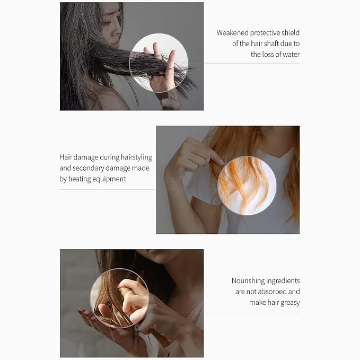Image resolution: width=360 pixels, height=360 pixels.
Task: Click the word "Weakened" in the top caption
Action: click(232, 32)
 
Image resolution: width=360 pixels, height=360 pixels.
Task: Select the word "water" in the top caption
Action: click(291, 55)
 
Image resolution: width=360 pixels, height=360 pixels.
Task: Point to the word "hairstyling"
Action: click(136, 157)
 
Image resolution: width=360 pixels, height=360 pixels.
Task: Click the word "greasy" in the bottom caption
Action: click(290, 303)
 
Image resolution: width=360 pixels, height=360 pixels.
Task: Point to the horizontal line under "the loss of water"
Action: click(252, 63)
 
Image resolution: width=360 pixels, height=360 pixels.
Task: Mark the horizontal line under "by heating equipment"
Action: click(108, 189)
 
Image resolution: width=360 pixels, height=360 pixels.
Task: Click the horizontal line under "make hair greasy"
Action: click(252, 313)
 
